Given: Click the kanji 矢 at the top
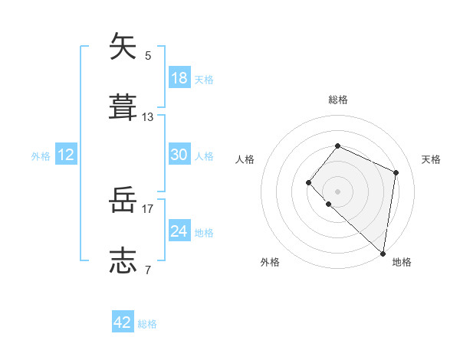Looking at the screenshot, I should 123,47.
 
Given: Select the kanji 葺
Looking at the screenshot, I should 123,107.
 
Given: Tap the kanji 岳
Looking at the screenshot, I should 123,201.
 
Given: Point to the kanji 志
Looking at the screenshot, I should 123,260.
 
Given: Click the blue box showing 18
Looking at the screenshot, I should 179,78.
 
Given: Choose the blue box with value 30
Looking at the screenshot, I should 179,155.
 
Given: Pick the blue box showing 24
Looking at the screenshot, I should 179,231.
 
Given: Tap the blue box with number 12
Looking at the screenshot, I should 66,155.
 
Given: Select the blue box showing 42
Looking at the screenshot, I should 123,322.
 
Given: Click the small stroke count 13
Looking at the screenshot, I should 148,117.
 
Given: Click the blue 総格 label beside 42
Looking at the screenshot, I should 147,324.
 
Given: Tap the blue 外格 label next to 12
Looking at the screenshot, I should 41,156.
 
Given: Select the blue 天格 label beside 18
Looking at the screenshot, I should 204,80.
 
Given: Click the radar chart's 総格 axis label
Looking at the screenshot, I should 337,100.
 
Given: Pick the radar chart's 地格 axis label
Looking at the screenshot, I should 402,262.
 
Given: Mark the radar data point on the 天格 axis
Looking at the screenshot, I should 396,172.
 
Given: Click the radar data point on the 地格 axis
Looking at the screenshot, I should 383,254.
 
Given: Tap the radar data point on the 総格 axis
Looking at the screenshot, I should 337,146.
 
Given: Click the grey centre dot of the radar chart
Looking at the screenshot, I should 337,191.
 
